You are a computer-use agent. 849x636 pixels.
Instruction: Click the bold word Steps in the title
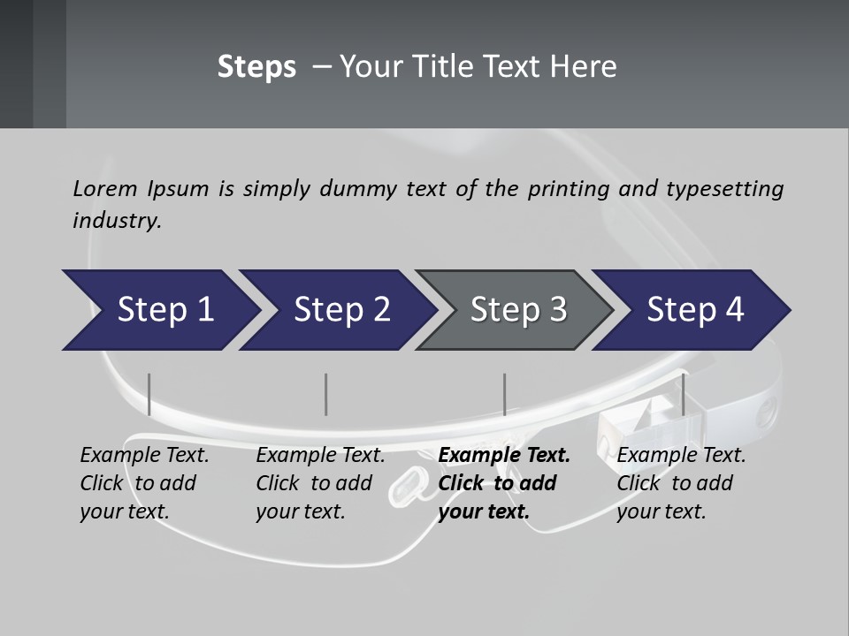256,67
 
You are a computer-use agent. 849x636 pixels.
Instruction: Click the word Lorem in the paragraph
104,188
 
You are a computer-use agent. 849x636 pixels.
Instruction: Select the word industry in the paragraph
116,220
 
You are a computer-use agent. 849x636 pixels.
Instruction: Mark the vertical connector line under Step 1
149,394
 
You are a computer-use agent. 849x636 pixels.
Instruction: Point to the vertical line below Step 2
326,394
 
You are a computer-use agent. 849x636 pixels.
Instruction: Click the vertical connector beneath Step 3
504,394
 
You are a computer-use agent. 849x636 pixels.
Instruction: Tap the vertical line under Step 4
683,394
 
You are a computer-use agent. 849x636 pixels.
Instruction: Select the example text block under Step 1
143,483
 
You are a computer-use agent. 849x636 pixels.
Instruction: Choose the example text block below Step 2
319,483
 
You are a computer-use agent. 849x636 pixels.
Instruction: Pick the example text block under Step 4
680,483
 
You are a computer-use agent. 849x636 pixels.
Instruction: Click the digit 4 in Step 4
734,310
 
